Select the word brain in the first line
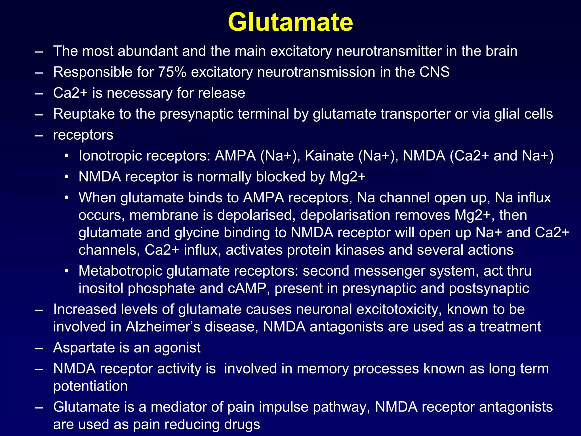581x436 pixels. [501, 51]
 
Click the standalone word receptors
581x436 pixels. [83, 135]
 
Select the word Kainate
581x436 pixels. [329, 156]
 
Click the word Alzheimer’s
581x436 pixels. [163, 327]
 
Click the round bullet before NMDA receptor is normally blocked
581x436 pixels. [66, 177]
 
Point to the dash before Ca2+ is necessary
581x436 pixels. [39, 93]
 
